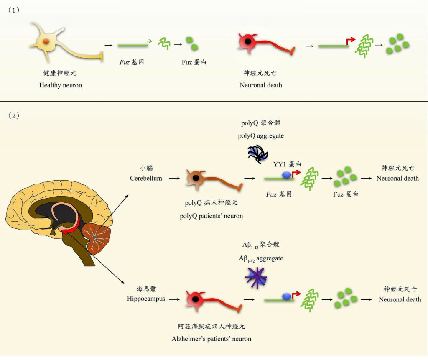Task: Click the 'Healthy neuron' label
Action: point(60,85)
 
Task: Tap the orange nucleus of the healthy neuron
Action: point(46,41)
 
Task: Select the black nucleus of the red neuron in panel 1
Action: point(248,41)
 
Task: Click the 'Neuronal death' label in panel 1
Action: point(261,85)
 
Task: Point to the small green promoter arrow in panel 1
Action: point(150,42)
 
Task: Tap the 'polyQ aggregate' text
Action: point(261,136)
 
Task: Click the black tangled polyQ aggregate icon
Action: point(257,154)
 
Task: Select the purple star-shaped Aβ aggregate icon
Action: point(256,278)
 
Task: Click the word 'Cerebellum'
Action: point(146,179)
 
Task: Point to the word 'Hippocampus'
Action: point(146,299)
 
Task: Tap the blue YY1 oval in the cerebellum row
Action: point(286,175)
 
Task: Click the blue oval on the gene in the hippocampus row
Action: point(286,296)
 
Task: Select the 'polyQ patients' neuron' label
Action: point(211,216)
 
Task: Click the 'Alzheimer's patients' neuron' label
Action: point(211,339)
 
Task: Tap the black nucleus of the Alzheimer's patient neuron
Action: point(196,299)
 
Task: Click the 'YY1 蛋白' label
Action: point(287,164)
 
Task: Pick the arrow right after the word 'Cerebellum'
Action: point(174,179)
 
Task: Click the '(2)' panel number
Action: point(14,116)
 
